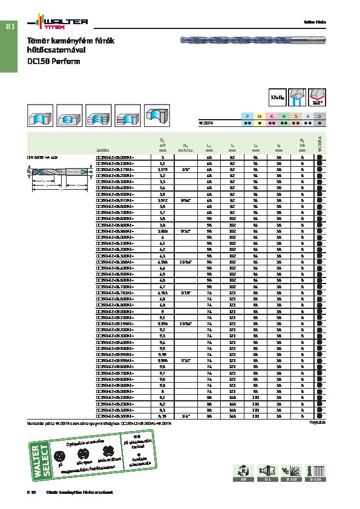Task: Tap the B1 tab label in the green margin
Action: [x=10, y=27]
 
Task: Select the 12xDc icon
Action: [x=278, y=96]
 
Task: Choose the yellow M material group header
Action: [x=259, y=115]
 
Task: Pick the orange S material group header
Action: [x=296, y=115]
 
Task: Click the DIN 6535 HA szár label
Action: [x=42, y=157]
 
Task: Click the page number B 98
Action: [x=31, y=493]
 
